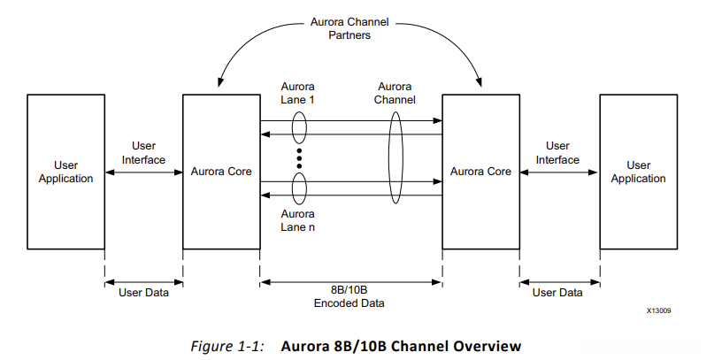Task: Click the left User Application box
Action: pos(65,172)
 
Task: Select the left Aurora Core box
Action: pos(221,172)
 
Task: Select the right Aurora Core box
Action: pos(480,172)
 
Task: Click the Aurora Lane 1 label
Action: pos(298,94)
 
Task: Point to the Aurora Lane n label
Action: pos(298,220)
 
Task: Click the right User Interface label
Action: pos(557,152)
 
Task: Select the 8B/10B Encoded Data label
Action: pos(351,297)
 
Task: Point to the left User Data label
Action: pos(143,292)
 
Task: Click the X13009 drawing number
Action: pos(658,311)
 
